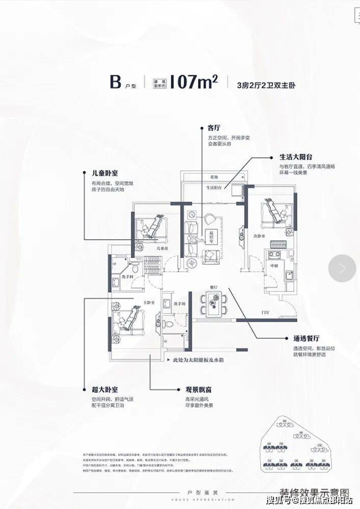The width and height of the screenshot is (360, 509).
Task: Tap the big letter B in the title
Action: coord(115,82)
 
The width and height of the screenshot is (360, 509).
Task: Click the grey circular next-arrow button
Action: coord(342,268)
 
